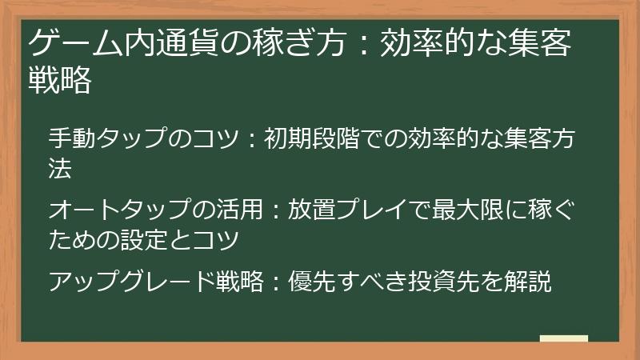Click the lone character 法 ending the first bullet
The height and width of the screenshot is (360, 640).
click(60, 168)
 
